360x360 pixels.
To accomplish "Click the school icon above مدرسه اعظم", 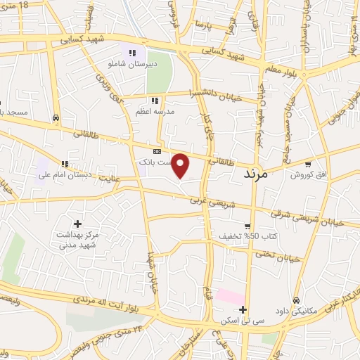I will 155,101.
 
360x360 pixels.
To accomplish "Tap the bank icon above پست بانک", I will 157,151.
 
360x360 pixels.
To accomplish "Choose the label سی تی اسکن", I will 236,321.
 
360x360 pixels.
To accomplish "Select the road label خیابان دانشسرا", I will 215,96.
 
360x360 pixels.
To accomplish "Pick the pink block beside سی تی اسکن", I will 230,296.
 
